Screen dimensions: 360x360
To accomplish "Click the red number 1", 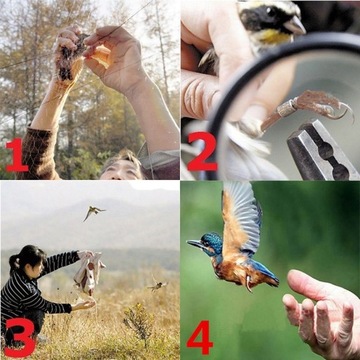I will tap(17, 155).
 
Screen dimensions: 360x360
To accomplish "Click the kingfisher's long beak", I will tap(194, 243).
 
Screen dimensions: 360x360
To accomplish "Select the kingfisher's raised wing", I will tap(240, 215).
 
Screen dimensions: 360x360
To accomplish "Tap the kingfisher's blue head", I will tap(212, 243).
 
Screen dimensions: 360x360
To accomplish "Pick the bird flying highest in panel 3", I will tap(93, 211).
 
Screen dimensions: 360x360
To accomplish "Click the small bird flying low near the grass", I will tap(157, 285).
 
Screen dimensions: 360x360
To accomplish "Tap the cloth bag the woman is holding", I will tap(89, 273).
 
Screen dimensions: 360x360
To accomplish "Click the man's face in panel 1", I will tap(122, 165).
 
